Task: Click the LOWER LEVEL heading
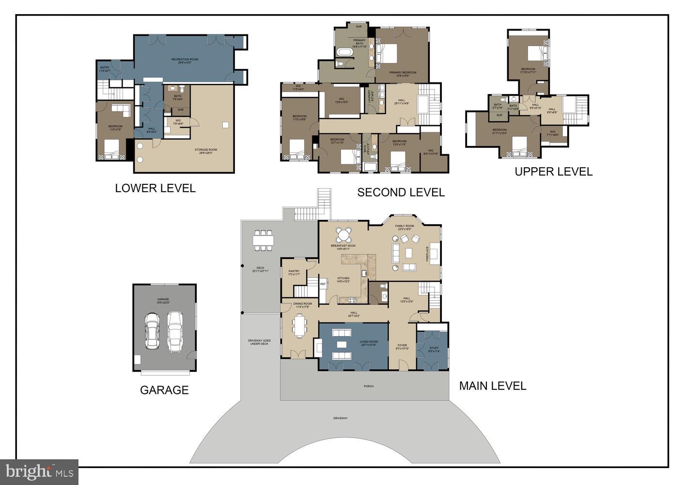155,188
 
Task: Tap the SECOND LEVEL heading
401,193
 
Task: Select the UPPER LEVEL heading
553,172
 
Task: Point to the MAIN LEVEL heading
492,386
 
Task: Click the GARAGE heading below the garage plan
164,390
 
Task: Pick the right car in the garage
175,331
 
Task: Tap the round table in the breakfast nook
343,235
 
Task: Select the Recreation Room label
185,61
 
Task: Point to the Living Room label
369,343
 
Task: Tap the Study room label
434,349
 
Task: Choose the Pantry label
294,273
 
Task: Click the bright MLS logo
40,471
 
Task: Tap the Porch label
369,386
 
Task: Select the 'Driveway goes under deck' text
259,342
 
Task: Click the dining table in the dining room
299,325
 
